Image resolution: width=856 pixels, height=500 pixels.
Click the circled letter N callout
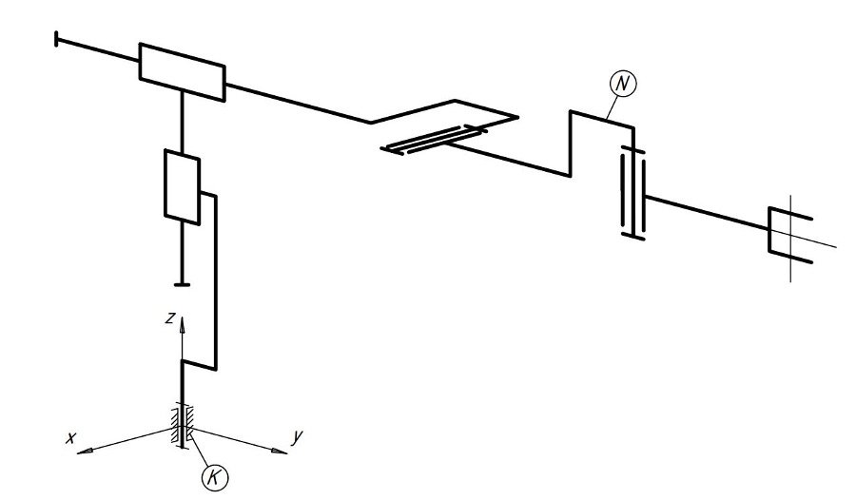pyautogui.click(x=622, y=84)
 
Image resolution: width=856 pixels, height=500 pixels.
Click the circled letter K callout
pyautogui.click(x=215, y=477)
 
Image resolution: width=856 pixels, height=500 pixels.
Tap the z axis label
pyautogui.click(x=171, y=317)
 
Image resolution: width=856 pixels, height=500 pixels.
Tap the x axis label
pyautogui.click(x=70, y=438)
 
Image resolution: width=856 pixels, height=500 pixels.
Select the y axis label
pyautogui.click(x=297, y=436)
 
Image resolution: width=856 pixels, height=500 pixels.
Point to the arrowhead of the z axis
pyautogui.click(x=183, y=324)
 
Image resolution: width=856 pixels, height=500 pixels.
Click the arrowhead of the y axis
pyautogui.click(x=279, y=451)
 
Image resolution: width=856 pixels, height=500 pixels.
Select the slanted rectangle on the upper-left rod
pyautogui.click(x=183, y=72)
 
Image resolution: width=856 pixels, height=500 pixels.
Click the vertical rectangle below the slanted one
pyautogui.click(x=183, y=186)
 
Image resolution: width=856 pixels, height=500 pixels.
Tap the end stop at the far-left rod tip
pyautogui.click(x=57, y=39)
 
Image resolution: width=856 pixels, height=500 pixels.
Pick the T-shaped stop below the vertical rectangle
pyautogui.click(x=183, y=283)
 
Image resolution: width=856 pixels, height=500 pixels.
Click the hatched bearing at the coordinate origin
pyautogui.click(x=183, y=426)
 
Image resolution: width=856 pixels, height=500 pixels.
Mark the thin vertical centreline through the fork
pyautogui.click(x=791, y=239)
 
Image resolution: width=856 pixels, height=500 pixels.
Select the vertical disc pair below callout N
pyautogui.click(x=633, y=193)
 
